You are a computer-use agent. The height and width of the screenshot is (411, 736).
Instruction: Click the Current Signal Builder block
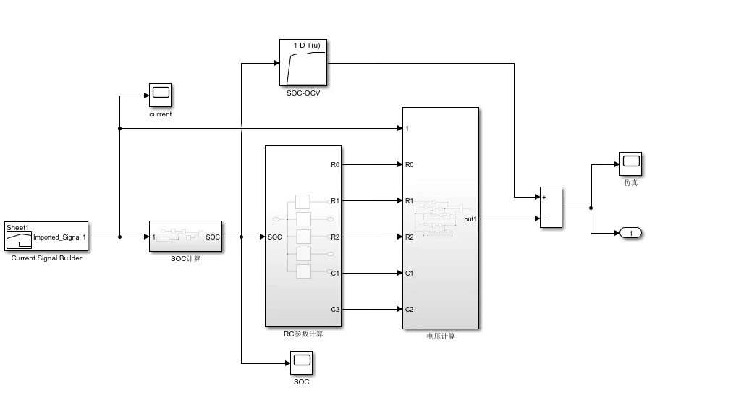[x=46, y=236]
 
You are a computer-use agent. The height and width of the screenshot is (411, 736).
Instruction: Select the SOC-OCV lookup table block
[x=303, y=63]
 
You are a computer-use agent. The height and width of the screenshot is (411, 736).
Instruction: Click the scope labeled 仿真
[x=630, y=164]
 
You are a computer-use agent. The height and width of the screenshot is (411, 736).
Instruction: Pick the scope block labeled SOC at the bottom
[x=301, y=362]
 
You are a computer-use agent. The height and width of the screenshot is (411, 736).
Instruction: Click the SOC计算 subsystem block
[x=185, y=237]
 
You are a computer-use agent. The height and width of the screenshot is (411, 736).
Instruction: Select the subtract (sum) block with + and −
[x=551, y=208]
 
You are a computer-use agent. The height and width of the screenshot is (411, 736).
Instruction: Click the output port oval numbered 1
[x=631, y=233]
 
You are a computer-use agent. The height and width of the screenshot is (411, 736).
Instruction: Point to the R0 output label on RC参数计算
[x=335, y=165]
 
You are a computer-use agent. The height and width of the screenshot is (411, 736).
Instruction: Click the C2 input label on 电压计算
[x=410, y=310]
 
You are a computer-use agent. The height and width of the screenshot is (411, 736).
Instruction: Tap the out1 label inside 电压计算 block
[x=470, y=219]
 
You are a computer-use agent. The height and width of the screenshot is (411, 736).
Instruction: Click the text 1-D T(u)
[x=307, y=46]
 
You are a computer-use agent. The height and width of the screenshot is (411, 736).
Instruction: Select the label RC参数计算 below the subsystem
[x=303, y=334]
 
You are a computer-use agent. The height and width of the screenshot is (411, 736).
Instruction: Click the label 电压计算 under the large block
[x=441, y=336]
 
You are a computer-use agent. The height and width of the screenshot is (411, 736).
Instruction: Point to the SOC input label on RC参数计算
[x=275, y=237]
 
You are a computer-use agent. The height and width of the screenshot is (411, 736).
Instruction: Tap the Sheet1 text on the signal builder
[x=17, y=227]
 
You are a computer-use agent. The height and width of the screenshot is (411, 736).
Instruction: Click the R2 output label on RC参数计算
[x=335, y=237]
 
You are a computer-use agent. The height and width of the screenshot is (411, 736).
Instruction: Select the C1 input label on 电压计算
[x=410, y=274]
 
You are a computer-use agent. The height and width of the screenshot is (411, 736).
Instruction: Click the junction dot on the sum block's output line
[x=591, y=208]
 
